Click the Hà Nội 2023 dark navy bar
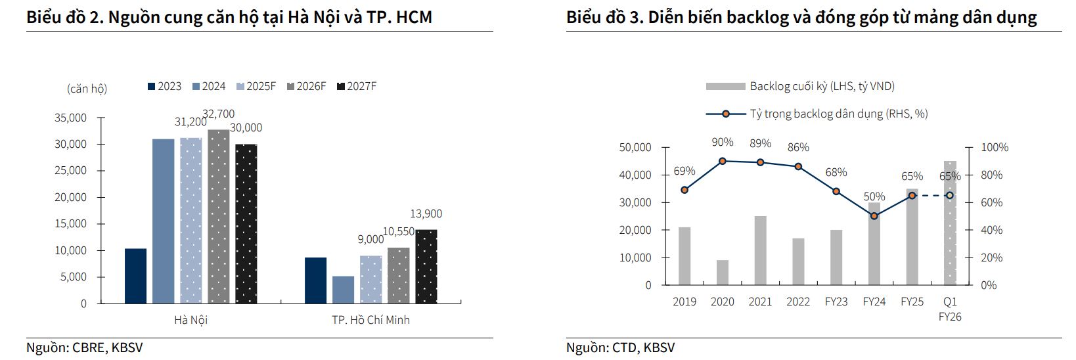[135, 276]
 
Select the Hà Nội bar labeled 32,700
[219, 217]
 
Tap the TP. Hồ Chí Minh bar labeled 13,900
[426, 267]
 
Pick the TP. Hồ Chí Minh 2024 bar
[343, 290]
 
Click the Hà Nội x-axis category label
[191, 320]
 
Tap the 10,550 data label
[398, 231]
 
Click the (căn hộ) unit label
[87, 88]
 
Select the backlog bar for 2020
[723, 273]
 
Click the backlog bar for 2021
[760, 250]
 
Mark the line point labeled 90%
[723, 161]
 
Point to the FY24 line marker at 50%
[874, 215]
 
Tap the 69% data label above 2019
[684, 171]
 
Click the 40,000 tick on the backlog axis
[635, 175]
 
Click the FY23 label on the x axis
[836, 302]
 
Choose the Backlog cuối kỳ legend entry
[800, 86]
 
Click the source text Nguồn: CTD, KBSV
[620, 348]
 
